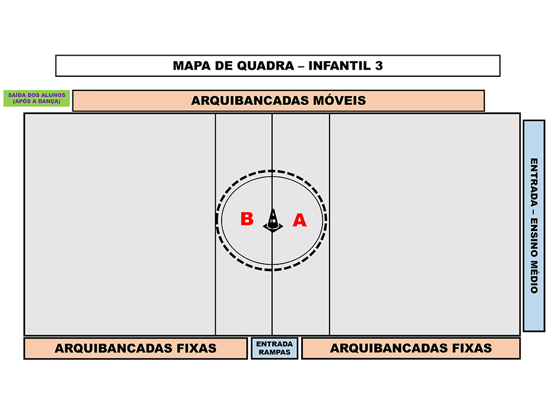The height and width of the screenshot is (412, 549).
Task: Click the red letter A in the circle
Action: coord(300,220)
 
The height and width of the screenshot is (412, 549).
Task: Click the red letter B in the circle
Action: coord(247,219)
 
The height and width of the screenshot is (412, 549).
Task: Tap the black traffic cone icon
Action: coord(273,221)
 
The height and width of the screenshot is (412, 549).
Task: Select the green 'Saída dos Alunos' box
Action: coord(37,98)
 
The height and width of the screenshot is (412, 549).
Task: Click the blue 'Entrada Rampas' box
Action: coord(274,348)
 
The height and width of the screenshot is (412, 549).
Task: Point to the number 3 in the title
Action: coord(379,66)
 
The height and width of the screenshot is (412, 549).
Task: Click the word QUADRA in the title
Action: coord(265,66)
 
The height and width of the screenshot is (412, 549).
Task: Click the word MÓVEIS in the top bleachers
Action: coord(339,100)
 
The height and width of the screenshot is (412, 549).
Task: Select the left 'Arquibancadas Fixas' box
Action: coord(136,348)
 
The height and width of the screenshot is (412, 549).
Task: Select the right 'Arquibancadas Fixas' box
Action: coord(411,348)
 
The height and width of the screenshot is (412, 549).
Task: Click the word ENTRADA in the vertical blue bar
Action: coord(534,183)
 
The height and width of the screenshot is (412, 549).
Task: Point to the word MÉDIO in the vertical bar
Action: coord(534,275)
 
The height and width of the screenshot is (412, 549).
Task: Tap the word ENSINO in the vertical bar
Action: coord(534,234)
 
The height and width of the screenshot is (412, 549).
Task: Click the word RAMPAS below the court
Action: coord(274,353)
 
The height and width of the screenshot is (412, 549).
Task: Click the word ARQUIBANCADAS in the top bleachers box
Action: coord(250,100)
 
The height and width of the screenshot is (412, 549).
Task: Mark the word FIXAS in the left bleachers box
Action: coord(197,348)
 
